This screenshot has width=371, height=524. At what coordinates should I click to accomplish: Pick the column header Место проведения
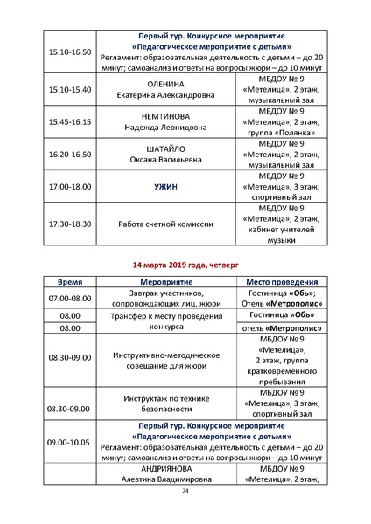click(x=281, y=284)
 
